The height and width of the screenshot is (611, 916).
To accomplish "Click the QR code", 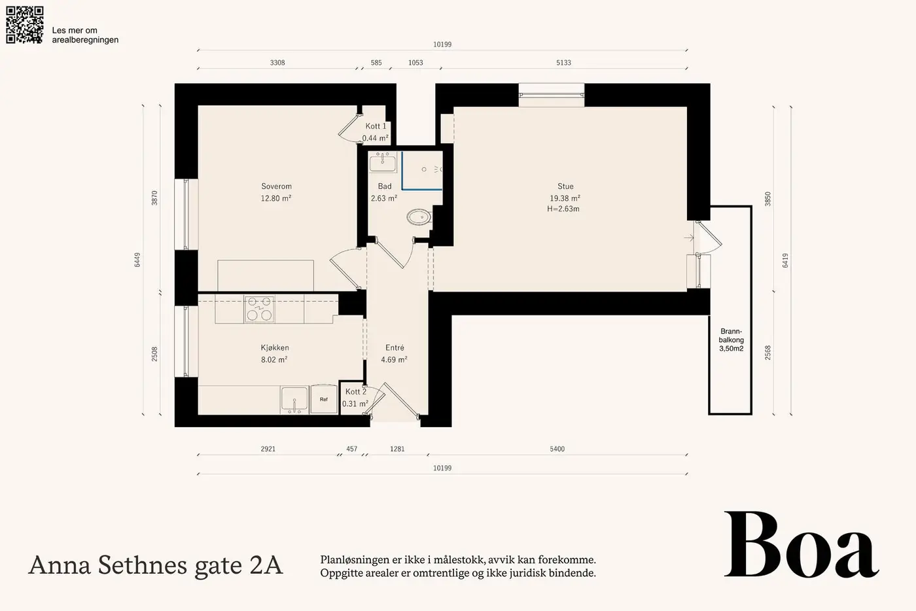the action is click(25, 25).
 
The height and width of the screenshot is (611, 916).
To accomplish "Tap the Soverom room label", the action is click(276, 186).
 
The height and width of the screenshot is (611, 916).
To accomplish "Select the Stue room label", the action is click(565, 186).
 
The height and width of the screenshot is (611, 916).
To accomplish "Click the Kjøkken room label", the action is click(275, 348).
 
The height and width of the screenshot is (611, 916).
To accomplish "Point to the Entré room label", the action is click(395, 347).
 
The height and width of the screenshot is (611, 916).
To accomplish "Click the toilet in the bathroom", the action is click(419, 217).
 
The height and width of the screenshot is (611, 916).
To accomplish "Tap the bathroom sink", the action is click(383, 162).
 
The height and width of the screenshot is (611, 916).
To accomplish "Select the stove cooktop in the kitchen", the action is click(259, 308).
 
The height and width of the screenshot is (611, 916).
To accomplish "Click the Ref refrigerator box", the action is click(323, 399).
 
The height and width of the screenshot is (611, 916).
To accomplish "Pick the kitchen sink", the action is click(294, 400).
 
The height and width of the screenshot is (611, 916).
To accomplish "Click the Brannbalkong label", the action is click(731, 340).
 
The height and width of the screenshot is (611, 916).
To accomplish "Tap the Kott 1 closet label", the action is click(376, 126).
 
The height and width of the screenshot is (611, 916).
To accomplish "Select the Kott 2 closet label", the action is click(356, 392).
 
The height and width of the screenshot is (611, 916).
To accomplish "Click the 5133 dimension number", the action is click(563, 63).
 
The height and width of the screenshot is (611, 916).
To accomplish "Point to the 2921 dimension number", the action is click(268, 449).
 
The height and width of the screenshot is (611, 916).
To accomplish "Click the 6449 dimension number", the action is click(137, 260).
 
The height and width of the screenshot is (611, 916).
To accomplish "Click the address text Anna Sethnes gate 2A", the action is click(156, 566).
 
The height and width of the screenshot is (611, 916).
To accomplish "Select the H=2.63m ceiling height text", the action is click(563, 209).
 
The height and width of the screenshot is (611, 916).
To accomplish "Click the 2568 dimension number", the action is click(767, 353).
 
